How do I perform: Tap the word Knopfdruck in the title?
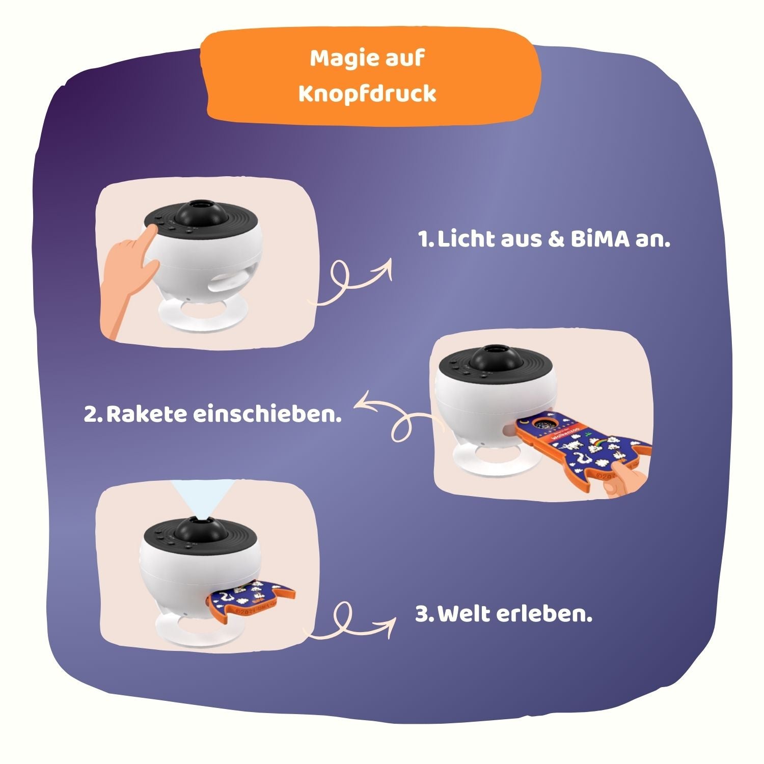click(367, 94)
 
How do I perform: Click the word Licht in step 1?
click(467, 239)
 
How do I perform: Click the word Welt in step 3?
click(464, 614)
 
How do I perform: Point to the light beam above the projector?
click(202, 498)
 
